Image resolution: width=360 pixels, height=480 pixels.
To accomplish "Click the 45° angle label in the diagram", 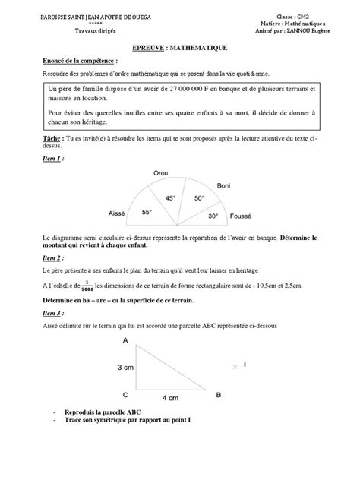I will coord(170,198).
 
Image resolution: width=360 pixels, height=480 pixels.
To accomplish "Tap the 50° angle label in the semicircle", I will coord(198,198).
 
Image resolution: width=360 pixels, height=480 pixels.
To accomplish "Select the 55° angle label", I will coord(147,215).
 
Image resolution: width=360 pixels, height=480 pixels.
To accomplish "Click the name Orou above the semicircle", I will coord(160,174).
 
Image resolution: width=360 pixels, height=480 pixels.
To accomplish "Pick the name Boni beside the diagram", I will coord(223,185).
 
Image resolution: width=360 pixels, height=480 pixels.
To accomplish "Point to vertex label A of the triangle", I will coord(125,341).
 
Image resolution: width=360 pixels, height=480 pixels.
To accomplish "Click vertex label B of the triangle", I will coord(218,395).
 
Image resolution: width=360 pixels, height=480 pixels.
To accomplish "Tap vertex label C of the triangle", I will coord(125,395).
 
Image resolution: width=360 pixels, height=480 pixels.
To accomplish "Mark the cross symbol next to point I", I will coord(232,365).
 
